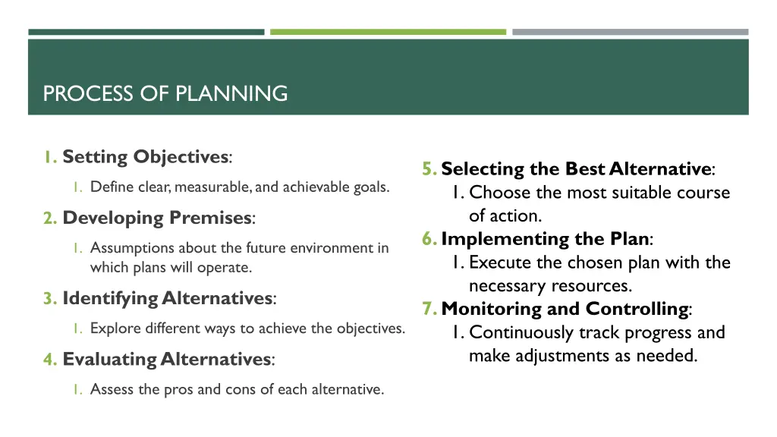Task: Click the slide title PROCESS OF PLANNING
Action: click(165, 94)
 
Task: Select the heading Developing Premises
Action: click(158, 218)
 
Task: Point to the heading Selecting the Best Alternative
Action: click(577, 168)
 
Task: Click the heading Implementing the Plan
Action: click(546, 239)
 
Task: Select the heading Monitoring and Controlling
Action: click(565, 309)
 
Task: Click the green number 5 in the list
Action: click(429, 168)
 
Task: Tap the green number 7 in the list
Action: click(429, 309)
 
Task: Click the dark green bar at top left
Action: click(146, 32)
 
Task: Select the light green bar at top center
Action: click(388, 32)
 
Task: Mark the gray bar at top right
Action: click(630, 32)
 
